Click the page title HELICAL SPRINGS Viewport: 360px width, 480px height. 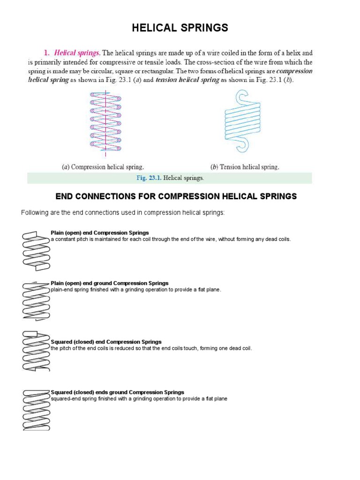180,29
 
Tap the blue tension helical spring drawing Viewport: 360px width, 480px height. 242,122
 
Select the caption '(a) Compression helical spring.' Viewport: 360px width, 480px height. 103,167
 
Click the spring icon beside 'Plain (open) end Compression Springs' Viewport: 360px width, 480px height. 37,251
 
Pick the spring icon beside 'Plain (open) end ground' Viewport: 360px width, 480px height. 37,301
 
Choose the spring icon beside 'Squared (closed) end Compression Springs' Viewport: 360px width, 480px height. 37,351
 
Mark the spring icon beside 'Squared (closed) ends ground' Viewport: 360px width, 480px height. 37,410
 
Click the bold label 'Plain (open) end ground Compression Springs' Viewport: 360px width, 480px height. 110,284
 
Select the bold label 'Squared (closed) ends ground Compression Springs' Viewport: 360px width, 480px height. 117,392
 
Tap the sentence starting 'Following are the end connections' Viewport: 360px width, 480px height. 123,213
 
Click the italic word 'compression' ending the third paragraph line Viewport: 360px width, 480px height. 294,71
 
